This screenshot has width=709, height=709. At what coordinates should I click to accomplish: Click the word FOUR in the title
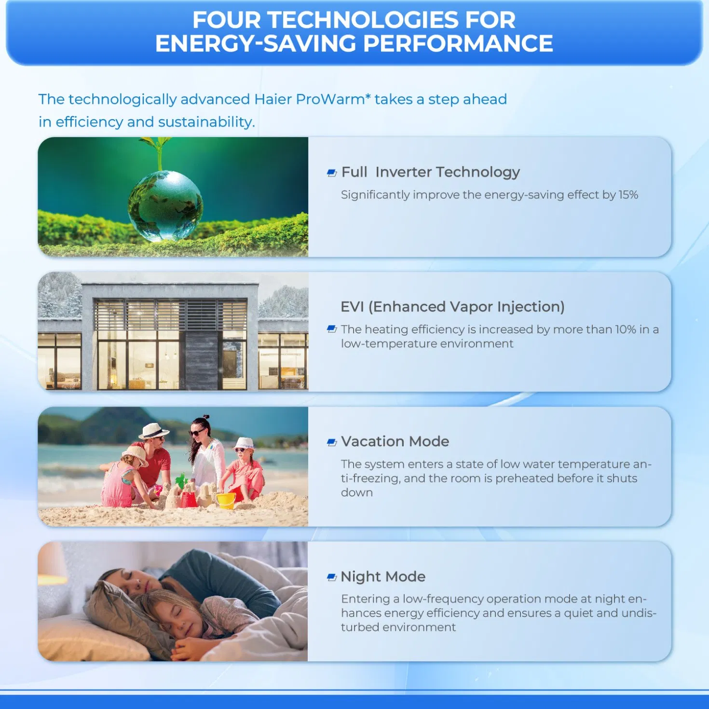pos(226,20)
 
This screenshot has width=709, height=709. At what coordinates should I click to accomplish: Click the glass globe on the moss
pos(165,205)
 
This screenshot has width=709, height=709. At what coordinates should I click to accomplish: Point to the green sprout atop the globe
pos(158,150)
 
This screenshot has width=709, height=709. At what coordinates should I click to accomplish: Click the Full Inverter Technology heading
pos(430,172)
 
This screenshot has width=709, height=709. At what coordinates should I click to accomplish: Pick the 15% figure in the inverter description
pos(628,195)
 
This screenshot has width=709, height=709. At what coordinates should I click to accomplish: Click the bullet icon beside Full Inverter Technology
pos(332,173)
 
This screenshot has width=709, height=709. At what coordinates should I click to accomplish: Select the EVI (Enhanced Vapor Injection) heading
pos(452,307)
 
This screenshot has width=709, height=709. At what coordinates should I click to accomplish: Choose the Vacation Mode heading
pos(395,441)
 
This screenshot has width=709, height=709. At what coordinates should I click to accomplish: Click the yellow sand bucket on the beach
pos(226,500)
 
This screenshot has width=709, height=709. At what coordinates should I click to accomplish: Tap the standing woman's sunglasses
pos(197,433)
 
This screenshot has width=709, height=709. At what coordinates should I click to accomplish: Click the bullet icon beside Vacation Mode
pos(332,442)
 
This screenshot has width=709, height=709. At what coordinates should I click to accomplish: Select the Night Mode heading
pos(383,576)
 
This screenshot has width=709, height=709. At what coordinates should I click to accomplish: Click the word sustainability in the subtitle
pos(206,122)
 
